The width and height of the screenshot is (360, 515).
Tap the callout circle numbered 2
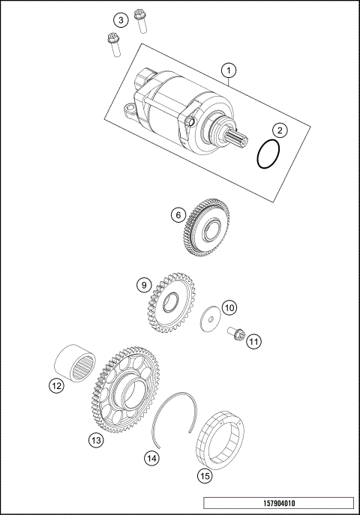coord(278,130)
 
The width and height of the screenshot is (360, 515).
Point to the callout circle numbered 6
coord(178,215)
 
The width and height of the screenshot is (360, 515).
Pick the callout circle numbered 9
coord(142,285)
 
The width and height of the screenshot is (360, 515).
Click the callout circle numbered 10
coord(229,307)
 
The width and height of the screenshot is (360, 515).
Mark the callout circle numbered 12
coord(55,386)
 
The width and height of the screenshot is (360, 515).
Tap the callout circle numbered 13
coord(96,441)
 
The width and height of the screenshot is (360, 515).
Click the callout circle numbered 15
coord(203,475)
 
